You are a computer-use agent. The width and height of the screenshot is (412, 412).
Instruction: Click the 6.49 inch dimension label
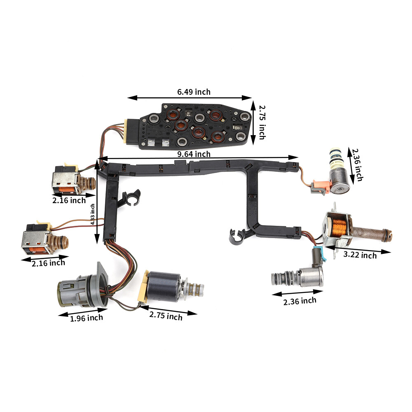click(x=194, y=92)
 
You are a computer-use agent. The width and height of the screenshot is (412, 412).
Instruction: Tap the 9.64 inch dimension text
click(x=194, y=154)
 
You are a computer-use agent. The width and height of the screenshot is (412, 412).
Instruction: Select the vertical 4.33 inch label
click(x=93, y=214)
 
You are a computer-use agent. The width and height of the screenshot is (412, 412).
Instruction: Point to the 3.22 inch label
click(x=360, y=255)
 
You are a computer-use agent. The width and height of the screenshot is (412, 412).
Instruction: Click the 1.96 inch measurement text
click(x=87, y=317)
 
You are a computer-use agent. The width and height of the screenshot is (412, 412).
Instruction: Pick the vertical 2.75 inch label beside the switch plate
click(x=262, y=122)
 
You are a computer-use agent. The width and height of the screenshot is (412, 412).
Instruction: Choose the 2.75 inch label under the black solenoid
click(x=166, y=316)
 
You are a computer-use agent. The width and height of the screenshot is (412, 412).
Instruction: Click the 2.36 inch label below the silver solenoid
click(x=300, y=301)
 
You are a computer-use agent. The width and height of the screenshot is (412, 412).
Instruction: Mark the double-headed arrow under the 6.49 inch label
click(x=190, y=98)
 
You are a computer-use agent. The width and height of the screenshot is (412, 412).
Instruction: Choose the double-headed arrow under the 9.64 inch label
click(x=198, y=157)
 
